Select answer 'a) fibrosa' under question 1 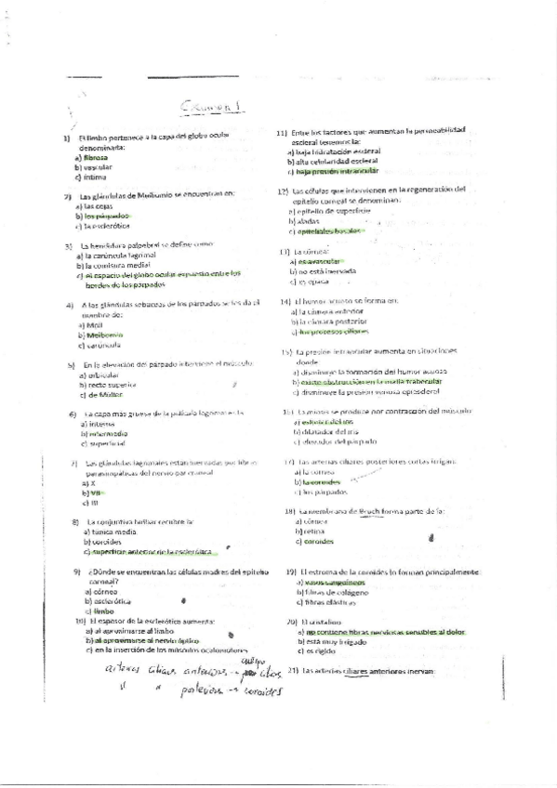(x=90, y=158)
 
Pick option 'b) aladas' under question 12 (x=304, y=221)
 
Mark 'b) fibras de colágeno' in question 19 (x=330, y=591)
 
